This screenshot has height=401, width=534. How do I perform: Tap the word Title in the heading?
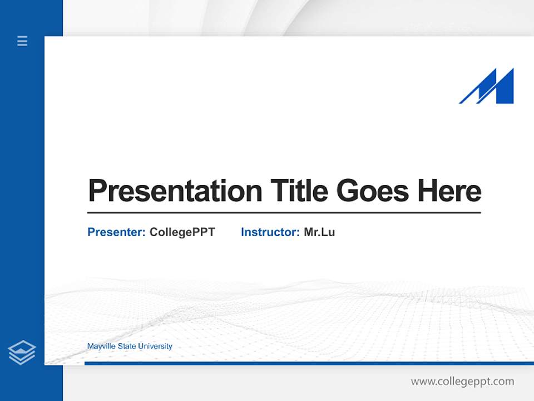tap(299, 191)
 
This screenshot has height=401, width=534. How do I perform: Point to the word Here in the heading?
tap(449, 191)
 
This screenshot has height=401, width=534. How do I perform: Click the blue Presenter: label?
tap(116, 232)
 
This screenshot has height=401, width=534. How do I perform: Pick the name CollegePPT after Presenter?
tap(182, 232)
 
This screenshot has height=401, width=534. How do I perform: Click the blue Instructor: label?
tap(270, 232)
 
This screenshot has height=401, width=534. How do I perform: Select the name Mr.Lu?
tap(319, 232)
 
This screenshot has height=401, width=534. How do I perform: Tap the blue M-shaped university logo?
tap(487, 87)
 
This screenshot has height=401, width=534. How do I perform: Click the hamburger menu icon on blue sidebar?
tap(22, 41)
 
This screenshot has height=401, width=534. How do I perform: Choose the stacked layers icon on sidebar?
tap(22, 353)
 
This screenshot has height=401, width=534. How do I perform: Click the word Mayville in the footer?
tap(100, 346)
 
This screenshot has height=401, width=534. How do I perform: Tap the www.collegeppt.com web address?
tap(462, 382)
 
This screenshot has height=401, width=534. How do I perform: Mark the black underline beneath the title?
tap(284, 213)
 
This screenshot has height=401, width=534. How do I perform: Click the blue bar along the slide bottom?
tap(309, 363)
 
